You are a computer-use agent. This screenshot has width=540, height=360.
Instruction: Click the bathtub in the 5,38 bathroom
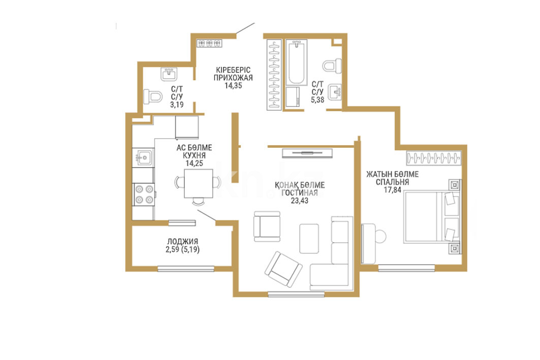click(296, 62)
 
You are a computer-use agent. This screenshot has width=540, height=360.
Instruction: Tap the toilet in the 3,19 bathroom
click(153, 96)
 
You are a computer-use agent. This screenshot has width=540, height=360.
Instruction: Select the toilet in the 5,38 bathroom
click(332, 66)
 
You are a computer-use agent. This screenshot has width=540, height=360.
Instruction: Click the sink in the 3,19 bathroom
click(169, 74)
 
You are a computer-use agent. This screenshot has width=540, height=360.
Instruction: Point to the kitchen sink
click(143, 157)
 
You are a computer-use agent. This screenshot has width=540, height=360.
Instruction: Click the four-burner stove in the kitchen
click(144, 194)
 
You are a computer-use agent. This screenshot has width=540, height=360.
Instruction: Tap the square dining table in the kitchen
click(198, 183)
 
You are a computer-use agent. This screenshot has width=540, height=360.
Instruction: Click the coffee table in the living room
click(309, 239)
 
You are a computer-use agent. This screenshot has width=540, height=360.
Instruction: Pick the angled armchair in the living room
click(283, 269)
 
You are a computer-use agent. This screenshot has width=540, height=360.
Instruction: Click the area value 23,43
click(299, 201)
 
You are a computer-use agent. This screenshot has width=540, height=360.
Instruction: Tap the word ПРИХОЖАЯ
click(233, 78)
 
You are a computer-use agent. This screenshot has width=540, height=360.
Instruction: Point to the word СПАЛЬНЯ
click(392, 182)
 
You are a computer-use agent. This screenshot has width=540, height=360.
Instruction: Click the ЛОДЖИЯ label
click(182, 242)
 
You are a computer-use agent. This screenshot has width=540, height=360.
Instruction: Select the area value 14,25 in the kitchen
click(194, 163)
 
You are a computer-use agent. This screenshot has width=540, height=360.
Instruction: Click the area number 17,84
click(392, 189)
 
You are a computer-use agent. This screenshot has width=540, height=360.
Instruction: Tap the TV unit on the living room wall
click(307, 153)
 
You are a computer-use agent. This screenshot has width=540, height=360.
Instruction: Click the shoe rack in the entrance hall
click(209, 43)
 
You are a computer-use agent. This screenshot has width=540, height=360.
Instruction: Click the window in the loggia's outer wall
click(186, 269)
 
